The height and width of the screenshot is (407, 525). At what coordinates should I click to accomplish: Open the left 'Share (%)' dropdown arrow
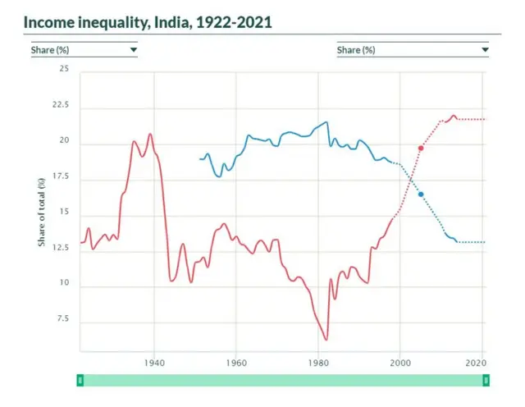coord(133,50)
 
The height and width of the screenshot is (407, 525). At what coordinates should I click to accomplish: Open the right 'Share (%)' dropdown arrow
coord(484,50)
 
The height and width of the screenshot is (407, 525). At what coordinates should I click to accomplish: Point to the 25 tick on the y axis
coord(63,70)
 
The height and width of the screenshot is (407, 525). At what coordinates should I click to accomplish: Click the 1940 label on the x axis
coord(154,362)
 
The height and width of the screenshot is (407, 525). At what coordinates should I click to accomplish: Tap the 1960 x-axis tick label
coord(236,362)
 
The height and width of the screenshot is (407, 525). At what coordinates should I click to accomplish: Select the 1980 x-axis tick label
coord(318,362)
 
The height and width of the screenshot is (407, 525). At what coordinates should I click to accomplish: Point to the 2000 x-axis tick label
coord(400,362)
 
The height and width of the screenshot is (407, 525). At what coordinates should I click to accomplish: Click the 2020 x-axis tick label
coord(474,362)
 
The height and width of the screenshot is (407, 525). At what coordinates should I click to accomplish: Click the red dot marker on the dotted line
coord(421,148)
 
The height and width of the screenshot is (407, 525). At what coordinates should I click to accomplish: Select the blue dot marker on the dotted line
coord(421,194)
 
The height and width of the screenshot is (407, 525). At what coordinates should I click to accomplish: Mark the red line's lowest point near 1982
coord(326,339)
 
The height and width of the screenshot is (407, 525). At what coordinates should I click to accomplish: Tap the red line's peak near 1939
coord(150,134)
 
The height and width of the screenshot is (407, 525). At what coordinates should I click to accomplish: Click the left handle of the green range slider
coord(80,380)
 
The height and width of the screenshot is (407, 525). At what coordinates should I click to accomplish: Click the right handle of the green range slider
coord(486,380)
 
